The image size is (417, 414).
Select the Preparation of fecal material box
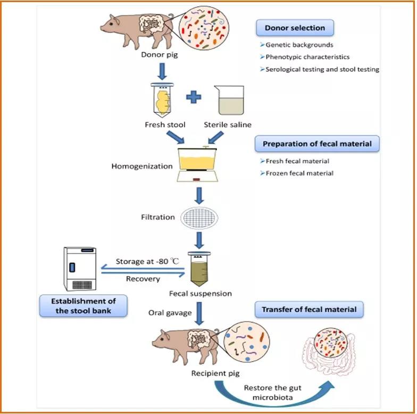[318, 144]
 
